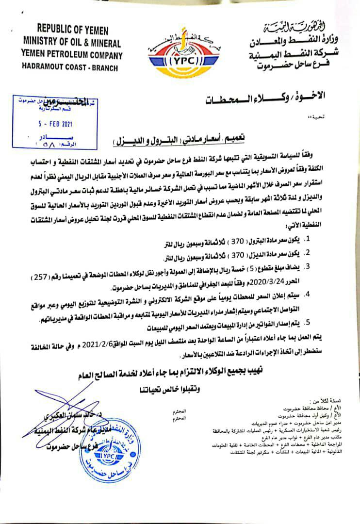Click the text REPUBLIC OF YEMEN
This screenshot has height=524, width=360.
(71, 30)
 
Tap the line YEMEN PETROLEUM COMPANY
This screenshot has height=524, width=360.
(71, 55)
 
